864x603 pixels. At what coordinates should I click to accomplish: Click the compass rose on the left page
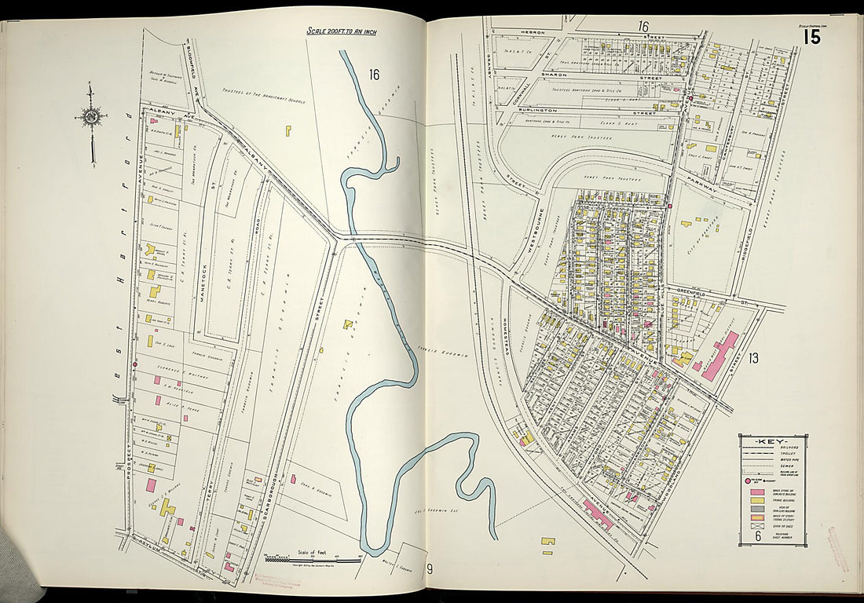point(91,118)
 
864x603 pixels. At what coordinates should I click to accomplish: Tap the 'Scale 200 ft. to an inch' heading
point(342,31)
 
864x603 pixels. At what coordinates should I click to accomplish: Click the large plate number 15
point(811,36)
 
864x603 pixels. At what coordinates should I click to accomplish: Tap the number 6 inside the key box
point(758,537)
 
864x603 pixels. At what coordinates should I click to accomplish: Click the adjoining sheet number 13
point(752,359)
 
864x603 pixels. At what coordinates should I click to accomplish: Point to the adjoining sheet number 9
point(430,569)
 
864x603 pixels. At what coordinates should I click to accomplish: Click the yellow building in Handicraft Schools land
point(288,130)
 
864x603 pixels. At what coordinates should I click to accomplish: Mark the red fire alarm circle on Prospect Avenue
point(135,364)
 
